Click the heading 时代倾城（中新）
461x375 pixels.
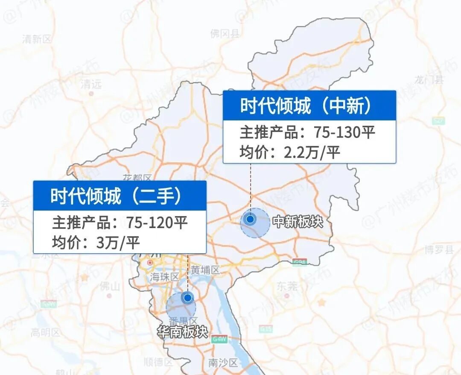(305, 105)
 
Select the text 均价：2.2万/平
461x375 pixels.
(290, 152)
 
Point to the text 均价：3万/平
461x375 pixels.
(96, 242)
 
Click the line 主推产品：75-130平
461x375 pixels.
(307, 132)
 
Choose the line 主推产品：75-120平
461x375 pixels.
(120, 223)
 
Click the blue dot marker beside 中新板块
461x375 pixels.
(251, 219)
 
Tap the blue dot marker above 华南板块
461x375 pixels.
(187, 297)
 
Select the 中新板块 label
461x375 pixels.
(298, 222)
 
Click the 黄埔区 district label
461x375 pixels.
(205, 270)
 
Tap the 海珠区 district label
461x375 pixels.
(164, 277)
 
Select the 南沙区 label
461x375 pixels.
(222, 363)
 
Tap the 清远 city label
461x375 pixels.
(91, 84)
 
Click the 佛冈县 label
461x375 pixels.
(225, 34)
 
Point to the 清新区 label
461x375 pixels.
(37, 39)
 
